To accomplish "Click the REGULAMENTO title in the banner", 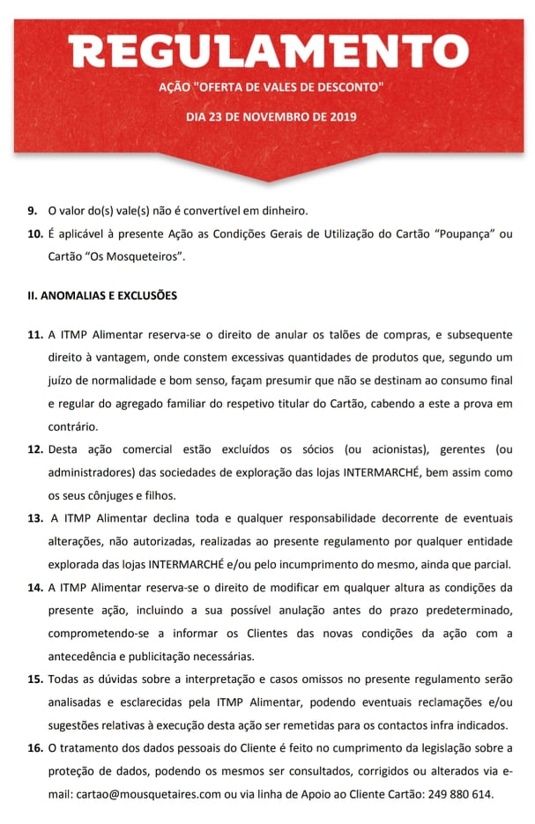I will (x=268, y=53).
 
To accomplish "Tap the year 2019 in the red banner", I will (x=331, y=116).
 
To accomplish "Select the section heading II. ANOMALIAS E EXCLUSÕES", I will (x=102, y=295).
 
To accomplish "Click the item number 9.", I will (x=32, y=211).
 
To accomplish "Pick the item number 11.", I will (x=35, y=336).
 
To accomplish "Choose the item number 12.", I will (x=35, y=449).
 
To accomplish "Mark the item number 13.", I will (x=35, y=518).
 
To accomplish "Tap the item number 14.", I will (x=35, y=587).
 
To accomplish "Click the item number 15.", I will (x=35, y=679).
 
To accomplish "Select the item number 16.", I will (x=35, y=747).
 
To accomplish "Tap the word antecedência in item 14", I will (x=87, y=656).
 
